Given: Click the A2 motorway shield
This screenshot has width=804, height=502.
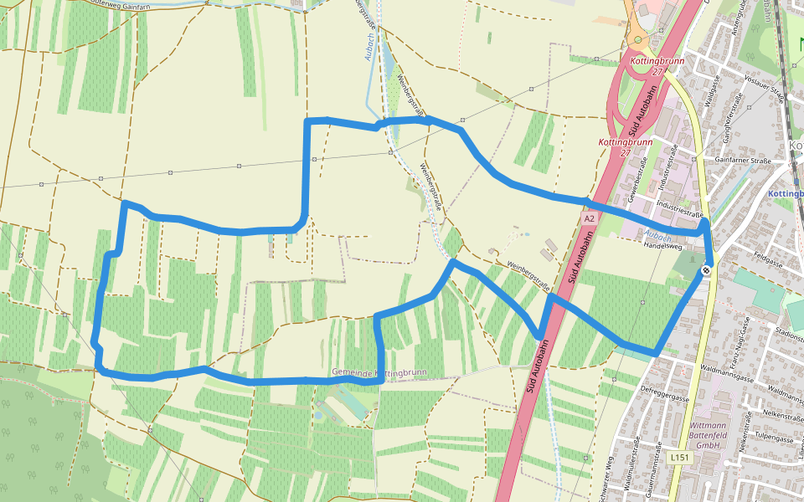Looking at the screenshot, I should pos(589,218).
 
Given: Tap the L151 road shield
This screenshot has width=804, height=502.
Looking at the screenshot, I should pos(679,458).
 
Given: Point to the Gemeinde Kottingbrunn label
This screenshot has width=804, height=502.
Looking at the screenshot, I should pos(379,371).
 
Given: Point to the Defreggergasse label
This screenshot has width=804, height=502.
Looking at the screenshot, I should pos(664,388).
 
